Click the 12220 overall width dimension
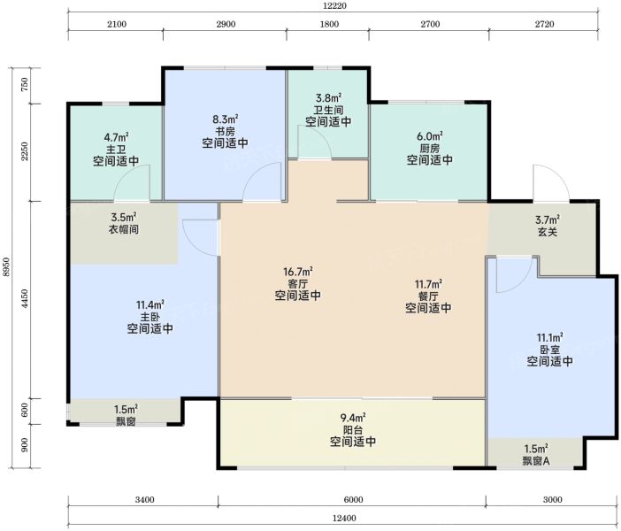click(334, 5)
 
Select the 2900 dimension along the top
click(226, 24)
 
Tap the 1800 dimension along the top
click(329, 24)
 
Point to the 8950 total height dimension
click(5, 267)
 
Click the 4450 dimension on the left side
click(25, 299)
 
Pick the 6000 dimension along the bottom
click(353, 500)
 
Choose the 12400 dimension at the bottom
click(344, 518)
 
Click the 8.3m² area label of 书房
click(226, 119)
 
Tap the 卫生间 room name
click(328, 110)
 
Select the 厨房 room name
click(430, 149)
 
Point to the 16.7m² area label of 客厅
click(298, 272)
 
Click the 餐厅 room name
click(428, 296)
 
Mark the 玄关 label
click(548, 232)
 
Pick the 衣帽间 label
click(124, 229)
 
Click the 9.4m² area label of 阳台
click(353, 418)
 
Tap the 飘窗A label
click(536, 461)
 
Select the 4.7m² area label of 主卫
click(117, 137)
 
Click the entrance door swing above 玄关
click(551, 183)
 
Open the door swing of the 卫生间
click(314, 142)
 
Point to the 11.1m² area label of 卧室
click(549, 337)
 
